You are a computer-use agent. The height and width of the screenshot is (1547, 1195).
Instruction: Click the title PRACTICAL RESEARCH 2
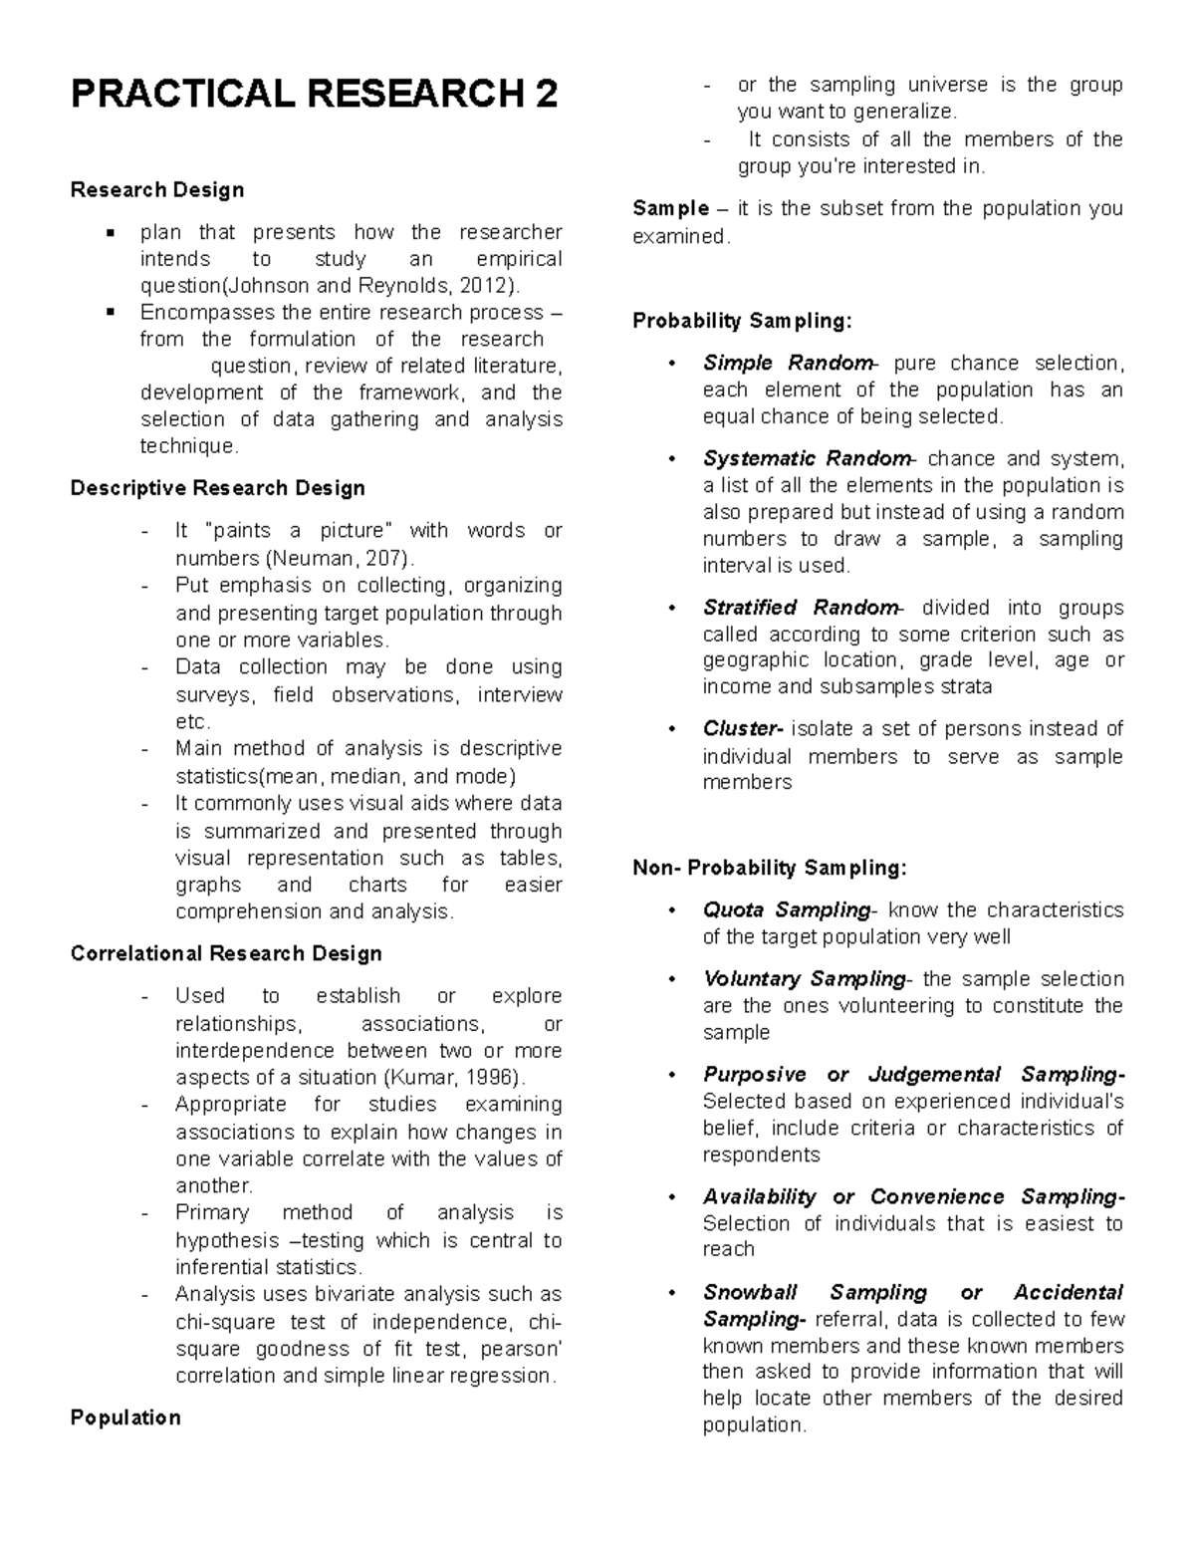pyautogui.click(x=314, y=95)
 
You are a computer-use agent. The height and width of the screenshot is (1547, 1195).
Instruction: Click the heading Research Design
pyautogui.click(x=157, y=189)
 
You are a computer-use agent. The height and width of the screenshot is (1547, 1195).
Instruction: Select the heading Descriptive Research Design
pyautogui.click(x=217, y=488)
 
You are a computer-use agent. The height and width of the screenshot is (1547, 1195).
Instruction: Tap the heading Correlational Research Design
pyautogui.click(x=226, y=953)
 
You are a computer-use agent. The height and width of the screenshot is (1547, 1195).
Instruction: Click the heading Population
pyautogui.click(x=125, y=1418)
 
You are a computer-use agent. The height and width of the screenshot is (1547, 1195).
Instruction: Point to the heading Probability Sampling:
pyautogui.click(x=742, y=321)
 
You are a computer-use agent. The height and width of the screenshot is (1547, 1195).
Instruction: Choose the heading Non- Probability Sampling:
pyautogui.click(x=769, y=868)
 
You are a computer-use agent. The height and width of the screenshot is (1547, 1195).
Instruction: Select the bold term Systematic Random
pyautogui.click(x=806, y=458)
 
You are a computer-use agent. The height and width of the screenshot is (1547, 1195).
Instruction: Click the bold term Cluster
pyautogui.click(x=741, y=729)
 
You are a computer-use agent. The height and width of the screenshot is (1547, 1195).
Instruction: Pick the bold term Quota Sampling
pyautogui.click(x=786, y=909)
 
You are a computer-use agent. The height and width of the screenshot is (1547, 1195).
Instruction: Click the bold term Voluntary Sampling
pyautogui.click(x=803, y=978)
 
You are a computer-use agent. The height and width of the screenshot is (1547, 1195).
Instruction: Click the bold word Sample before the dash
pyautogui.click(x=668, y=208)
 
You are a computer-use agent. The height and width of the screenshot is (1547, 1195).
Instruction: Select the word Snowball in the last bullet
pyautogui.click(x=750, y=1292)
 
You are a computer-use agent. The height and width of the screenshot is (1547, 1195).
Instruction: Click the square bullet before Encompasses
pyautogui.click(x=112, y=312)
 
